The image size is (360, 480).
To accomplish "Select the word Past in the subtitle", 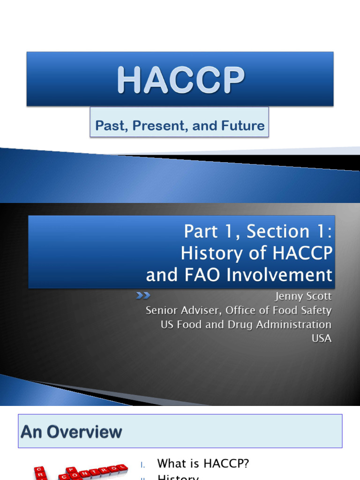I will coord(106,126).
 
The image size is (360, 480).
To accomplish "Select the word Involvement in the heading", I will coord(280,275).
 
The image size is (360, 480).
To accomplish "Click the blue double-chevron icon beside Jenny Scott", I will coord(142,295).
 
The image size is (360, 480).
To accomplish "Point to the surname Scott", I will coord(319,297).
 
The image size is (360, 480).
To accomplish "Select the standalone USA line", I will coord(322,338).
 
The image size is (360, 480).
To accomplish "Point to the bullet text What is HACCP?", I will coord(203,464).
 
